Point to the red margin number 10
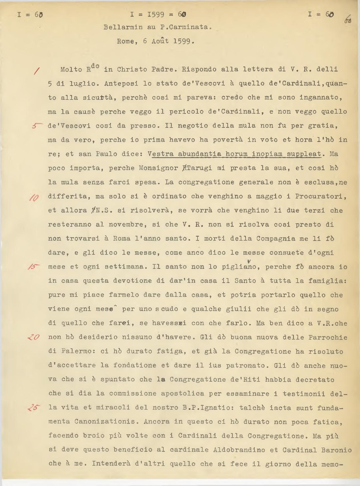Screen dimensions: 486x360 tap(34, 198)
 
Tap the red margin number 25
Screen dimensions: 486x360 tap(34, 408)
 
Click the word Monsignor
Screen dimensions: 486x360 tap(158, 168)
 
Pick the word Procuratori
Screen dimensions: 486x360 tap(321, 196)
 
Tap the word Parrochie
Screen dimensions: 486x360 tap(328, 337)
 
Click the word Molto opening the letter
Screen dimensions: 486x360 tap(71, 70)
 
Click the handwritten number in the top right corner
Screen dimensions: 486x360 tap(348, 19)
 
